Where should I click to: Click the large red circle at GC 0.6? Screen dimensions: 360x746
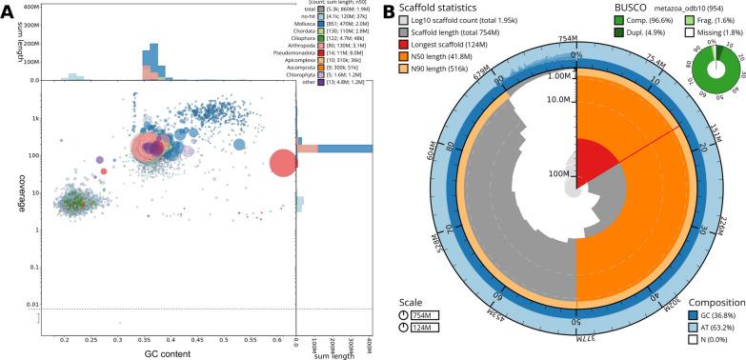(283, 163)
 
